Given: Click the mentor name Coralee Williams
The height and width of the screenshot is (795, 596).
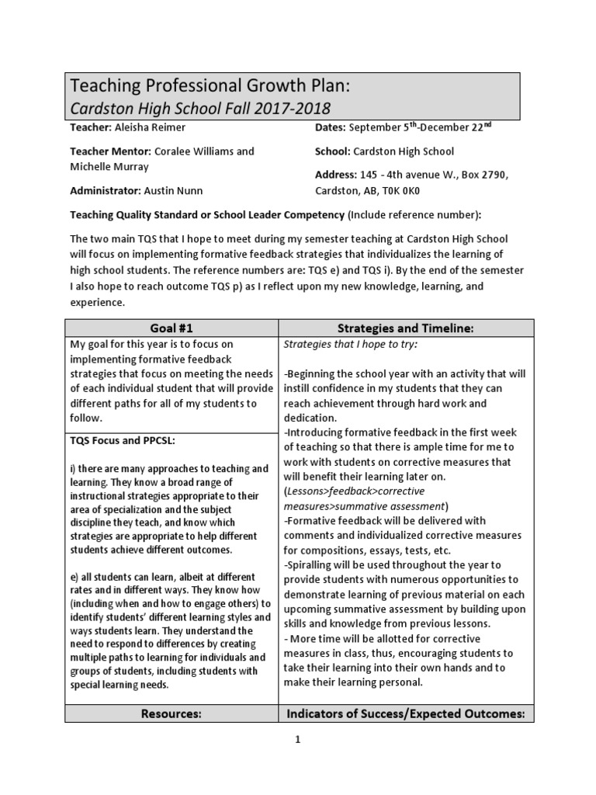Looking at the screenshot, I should click(204, 151).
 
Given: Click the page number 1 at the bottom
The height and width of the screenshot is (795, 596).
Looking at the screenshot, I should click(296, 740).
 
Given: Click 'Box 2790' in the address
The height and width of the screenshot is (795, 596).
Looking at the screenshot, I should click(483, 174).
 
